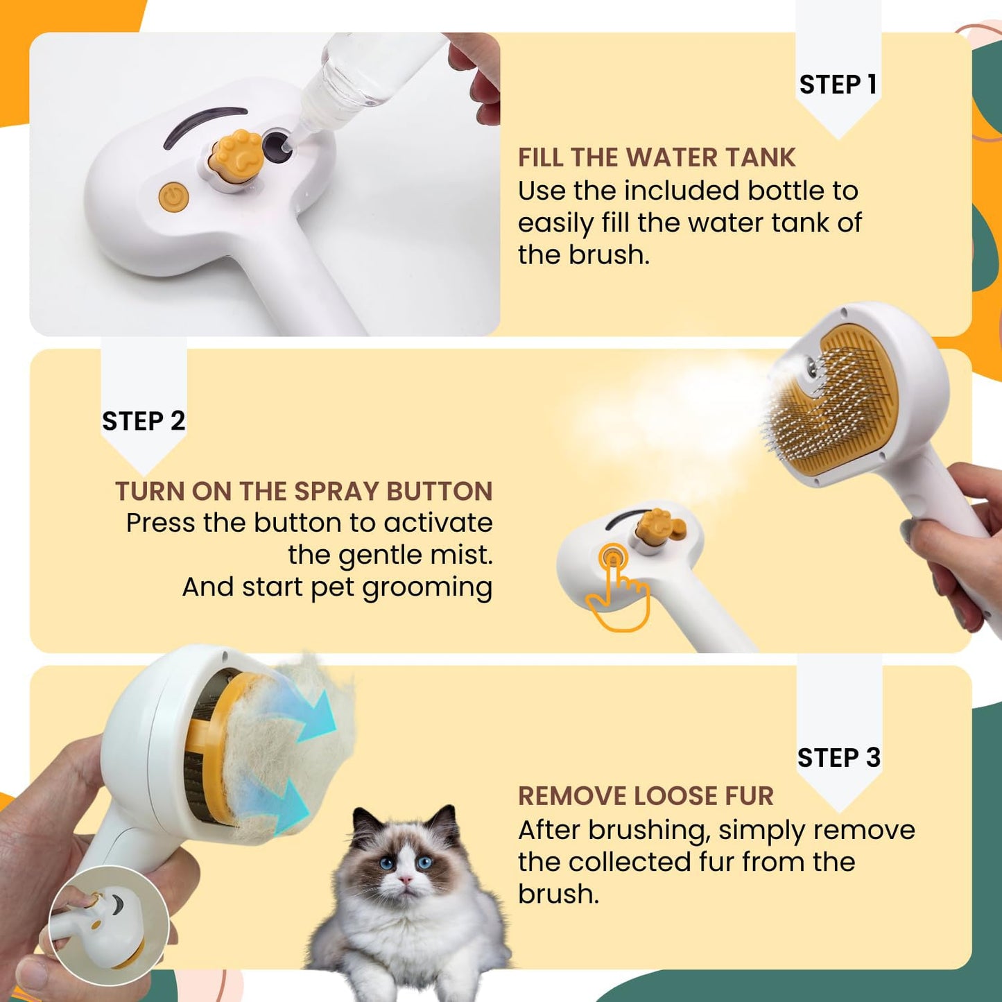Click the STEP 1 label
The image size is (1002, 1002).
coord(838,85)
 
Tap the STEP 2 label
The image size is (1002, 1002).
coord(144,421)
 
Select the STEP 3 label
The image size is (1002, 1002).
coord(838,758)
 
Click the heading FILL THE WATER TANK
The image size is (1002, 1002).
coord(656,157)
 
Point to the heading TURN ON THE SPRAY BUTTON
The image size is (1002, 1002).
coord(304,491)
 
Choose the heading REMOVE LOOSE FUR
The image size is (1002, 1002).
coord(645,796)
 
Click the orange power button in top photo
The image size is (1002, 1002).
coord(173,197)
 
